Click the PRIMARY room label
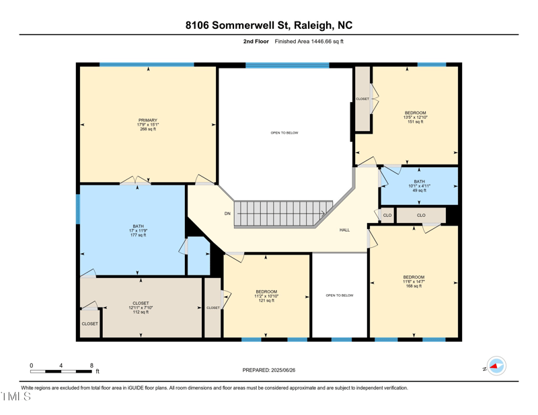[x=148, y=120]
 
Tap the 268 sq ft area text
[x=148, y=129]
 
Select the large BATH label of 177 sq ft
[x=138, y=226]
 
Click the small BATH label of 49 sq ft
[x=419, y=181]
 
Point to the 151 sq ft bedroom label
[x=415, y=113]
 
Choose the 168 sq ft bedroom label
[x=414, y=277]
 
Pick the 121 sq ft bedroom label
[x=266, y=291]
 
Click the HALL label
[x=344, y=230]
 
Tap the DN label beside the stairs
[x=227, y=214]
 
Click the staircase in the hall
[x=283, y=213]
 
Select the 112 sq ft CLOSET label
[x=141, y=303]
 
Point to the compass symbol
[x=496, y=367]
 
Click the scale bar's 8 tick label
[x=91, y=365]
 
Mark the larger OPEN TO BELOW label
[x=284, y=133]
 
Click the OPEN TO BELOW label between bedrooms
[x=339, y=295]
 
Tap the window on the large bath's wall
[x=78, y=209]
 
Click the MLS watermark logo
[x=16, y=397]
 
